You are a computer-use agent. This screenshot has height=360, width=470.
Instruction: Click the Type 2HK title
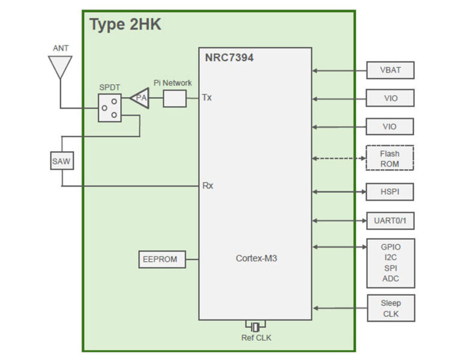coord(125,25)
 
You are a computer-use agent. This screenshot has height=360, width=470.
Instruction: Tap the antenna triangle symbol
coord(60,65)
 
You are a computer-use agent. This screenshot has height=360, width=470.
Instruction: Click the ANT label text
coord(61,48)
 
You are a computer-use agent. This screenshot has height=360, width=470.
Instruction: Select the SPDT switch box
coord(109,107)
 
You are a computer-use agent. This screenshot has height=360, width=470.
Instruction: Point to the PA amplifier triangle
coord(140,97)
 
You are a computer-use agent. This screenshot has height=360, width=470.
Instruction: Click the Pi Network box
coord(174,98)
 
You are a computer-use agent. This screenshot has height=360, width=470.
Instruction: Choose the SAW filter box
coord(61,161)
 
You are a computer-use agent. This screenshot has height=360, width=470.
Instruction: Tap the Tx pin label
coord(206,97)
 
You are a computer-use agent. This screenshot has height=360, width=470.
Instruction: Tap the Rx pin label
coord(207,185)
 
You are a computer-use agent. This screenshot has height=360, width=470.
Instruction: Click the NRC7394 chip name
coord(229,58)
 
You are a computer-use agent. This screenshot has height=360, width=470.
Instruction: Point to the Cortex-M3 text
coord(256,259)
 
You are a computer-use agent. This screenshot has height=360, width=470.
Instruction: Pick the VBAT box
coord(390,70)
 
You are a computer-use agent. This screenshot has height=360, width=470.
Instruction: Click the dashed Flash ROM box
coord(390,158)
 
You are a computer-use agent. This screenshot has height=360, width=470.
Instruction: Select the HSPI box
coord(390,192)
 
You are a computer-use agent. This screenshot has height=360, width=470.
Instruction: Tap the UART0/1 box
coord(390,221)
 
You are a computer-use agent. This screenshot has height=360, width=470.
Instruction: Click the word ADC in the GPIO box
coord(390,278)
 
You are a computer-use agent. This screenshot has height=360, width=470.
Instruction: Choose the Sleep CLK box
coord(390,308)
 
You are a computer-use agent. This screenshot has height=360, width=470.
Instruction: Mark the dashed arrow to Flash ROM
coord(339,158)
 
